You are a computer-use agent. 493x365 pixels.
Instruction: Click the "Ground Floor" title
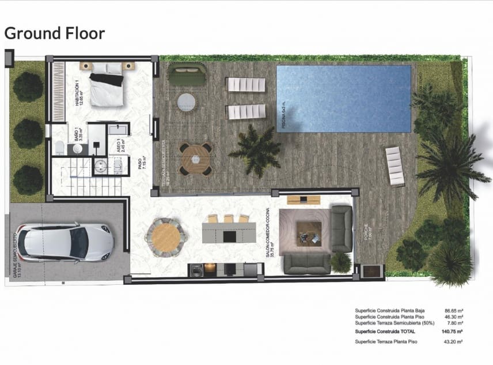pos(55,33)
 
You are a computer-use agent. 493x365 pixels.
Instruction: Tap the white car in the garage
pos(65,242)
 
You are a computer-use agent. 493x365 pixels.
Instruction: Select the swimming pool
pos(344,99)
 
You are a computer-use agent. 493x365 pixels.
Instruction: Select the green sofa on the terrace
pos(187,74)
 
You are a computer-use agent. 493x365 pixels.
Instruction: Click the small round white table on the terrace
pos(187,103)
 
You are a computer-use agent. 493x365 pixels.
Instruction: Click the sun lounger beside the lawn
pos(395,165)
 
